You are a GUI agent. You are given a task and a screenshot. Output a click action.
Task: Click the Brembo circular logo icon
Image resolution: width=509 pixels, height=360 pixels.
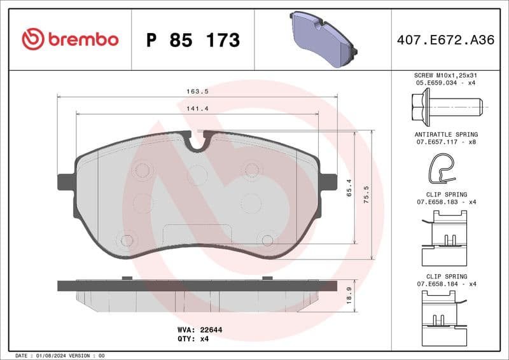pyautogui.click(x=33, y=39)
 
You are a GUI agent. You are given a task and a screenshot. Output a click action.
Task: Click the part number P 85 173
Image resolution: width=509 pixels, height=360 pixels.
pyautogui.click(x=193, y=40)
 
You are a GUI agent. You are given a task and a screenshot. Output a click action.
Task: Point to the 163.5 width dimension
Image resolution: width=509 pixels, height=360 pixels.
pyautogui.click(x=197, y=92)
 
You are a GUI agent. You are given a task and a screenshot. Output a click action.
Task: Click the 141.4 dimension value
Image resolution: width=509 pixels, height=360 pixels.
pyautogui.click(x=197, y=109)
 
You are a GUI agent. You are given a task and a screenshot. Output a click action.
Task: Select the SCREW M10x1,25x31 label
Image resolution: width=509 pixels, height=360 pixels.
pyautogui.click(x=446, y=75)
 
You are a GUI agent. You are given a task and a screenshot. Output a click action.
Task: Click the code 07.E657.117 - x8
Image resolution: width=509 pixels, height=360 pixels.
pyautogui.click(x=446, y=142)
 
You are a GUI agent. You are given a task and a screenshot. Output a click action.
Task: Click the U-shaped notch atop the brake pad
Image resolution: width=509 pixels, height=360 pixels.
pyautogui.click(x=197, y=142)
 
